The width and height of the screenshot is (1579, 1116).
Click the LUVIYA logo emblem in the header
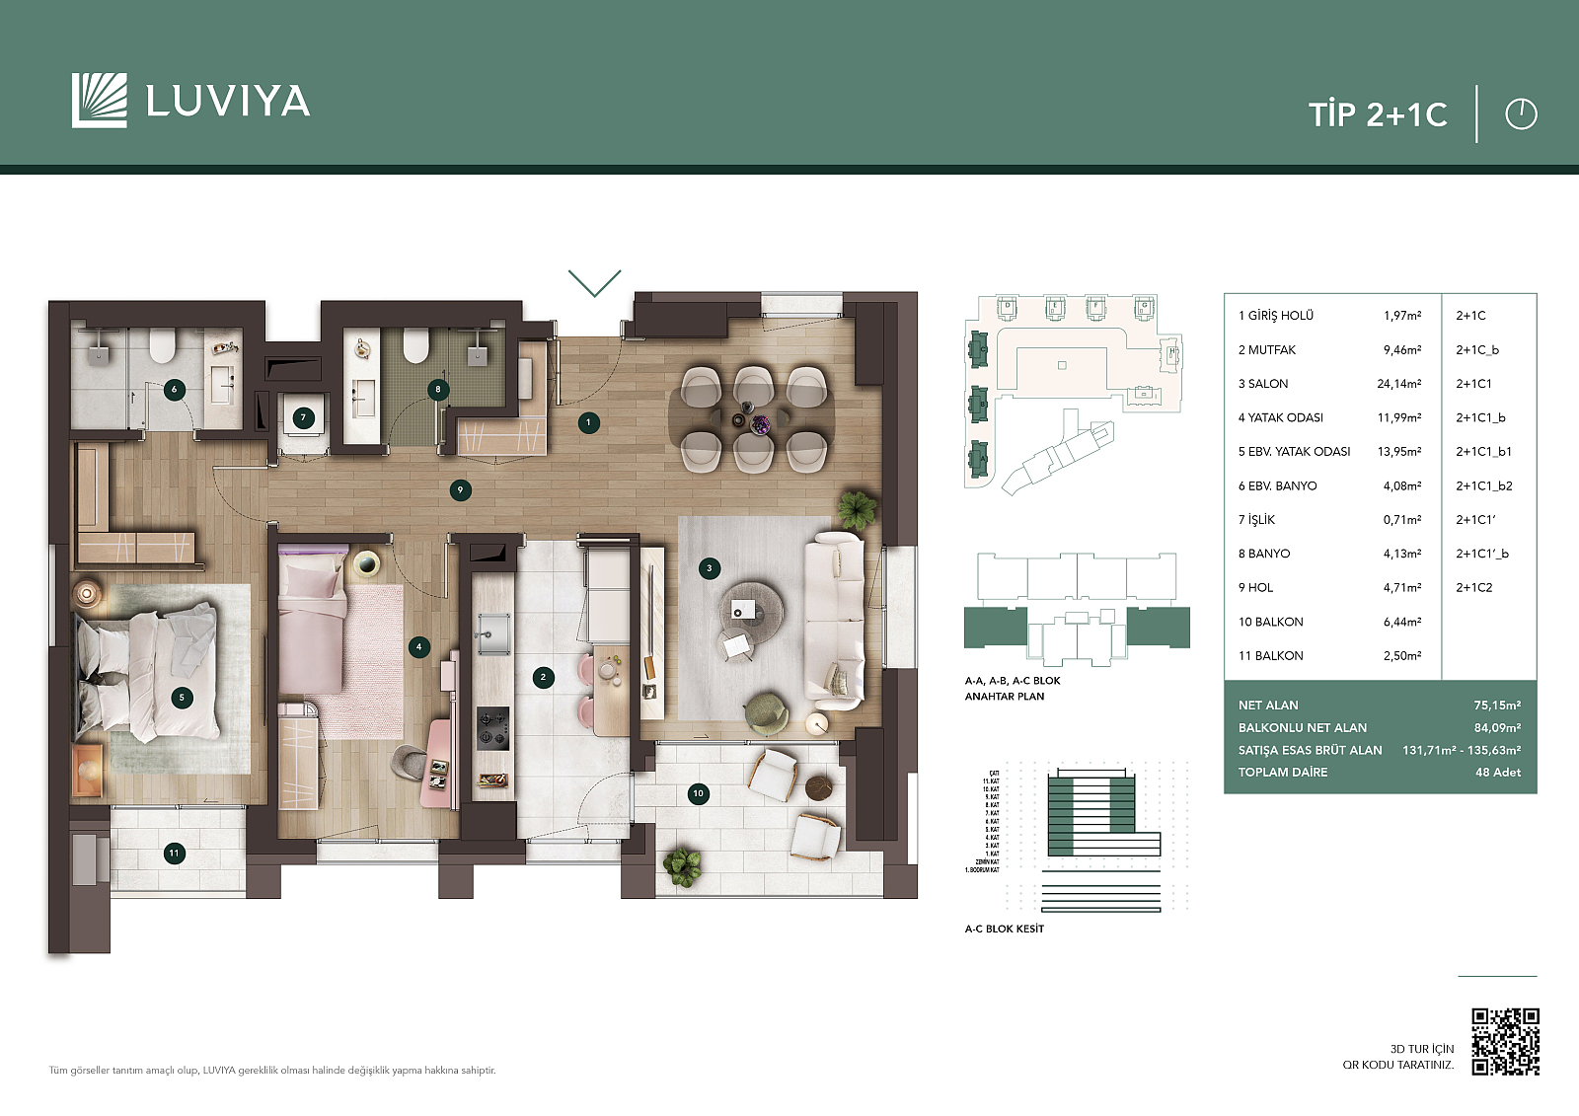coord(99,101)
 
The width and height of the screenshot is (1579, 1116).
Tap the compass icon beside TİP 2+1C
coord(1521,114)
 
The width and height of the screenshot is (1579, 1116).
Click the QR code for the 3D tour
coord(1505,1041)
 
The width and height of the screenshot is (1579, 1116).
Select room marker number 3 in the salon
coord(709,568)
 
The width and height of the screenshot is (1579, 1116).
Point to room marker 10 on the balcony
coord(698,793)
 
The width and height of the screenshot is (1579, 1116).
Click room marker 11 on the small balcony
coord(175,853)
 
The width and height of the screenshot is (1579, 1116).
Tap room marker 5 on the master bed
coord(182,698)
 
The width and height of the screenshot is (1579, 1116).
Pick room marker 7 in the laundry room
coord(303,417)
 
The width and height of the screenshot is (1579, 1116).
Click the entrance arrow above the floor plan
coord(595,282)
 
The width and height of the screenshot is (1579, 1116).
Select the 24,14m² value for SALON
coord(1398,384)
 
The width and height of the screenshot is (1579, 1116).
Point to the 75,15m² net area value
coord(1496,706)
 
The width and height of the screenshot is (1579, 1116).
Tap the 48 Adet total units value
coord(1497,773)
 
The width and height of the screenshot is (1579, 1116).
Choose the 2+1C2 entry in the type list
coord(1473,587)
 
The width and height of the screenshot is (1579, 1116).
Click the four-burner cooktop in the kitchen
coord(492,728)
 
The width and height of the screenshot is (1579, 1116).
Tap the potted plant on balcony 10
coord(682,865)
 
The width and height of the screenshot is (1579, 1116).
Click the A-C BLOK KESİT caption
coord(1004,929)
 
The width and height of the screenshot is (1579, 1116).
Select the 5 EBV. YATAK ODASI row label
coord(1294,452)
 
